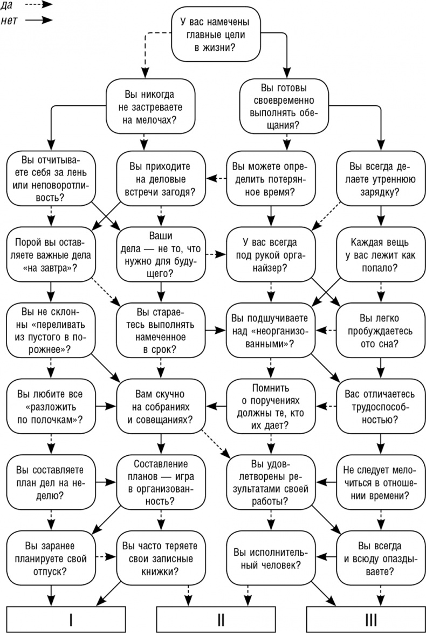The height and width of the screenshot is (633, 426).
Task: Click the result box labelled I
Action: coord(71,619)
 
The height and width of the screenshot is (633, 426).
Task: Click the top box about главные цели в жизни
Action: coord(214,34)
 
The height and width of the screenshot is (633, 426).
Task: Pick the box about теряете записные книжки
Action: coord(161,558)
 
